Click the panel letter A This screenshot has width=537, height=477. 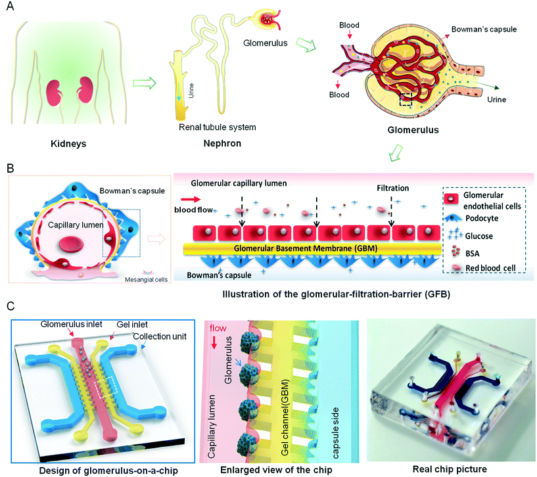(10, 6)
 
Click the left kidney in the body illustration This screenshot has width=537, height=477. (54, 93)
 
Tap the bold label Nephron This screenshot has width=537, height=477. (222, 143)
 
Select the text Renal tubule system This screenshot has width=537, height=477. (217, 127)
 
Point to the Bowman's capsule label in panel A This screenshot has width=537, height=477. (484, 30)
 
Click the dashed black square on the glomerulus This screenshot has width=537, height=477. (406, 99)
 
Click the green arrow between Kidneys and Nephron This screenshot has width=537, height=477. (145, 83)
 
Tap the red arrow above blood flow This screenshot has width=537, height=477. (191, 199)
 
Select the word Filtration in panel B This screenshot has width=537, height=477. (393, 188)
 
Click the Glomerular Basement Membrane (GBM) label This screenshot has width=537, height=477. (306, 248)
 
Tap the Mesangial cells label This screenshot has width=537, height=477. (146, 279)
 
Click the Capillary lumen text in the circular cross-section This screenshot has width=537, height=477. (76, 225)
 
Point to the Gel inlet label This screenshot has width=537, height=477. (132, 325)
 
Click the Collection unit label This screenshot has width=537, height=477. (160, 336)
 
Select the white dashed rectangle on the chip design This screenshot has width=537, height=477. (108, 387)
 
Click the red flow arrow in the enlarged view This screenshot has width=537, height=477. (214, 343)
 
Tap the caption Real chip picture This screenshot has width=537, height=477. (450, 469)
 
